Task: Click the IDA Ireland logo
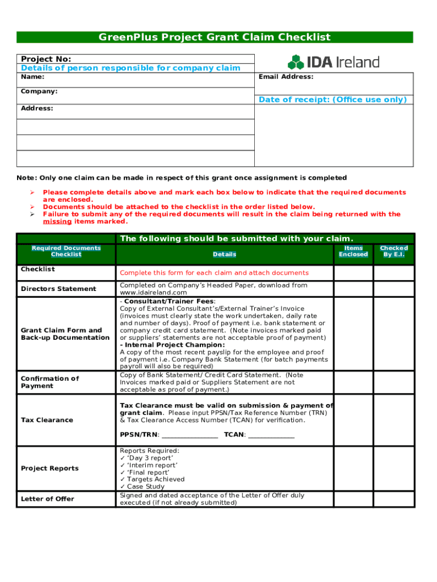click(333, 62)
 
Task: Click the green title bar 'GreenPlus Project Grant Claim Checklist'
click(215, 38)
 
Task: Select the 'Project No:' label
click(46, 59)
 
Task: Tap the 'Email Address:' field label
click(286, 77)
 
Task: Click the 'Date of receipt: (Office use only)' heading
click(333, 99)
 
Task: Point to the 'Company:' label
click(39, 91)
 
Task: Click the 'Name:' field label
click(33, 77)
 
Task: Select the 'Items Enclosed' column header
click(353, 251)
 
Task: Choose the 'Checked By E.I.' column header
click(393, 251)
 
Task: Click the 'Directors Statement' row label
click(58, 289)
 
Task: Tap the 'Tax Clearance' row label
click(47, 420)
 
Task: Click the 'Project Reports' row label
click(50, 468)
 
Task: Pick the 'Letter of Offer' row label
click(48, 499)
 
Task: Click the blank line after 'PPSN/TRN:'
click(190, 435)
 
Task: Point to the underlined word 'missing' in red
click(57, 222)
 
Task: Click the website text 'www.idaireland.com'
click(153, 293)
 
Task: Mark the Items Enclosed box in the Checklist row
click(353, 273)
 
